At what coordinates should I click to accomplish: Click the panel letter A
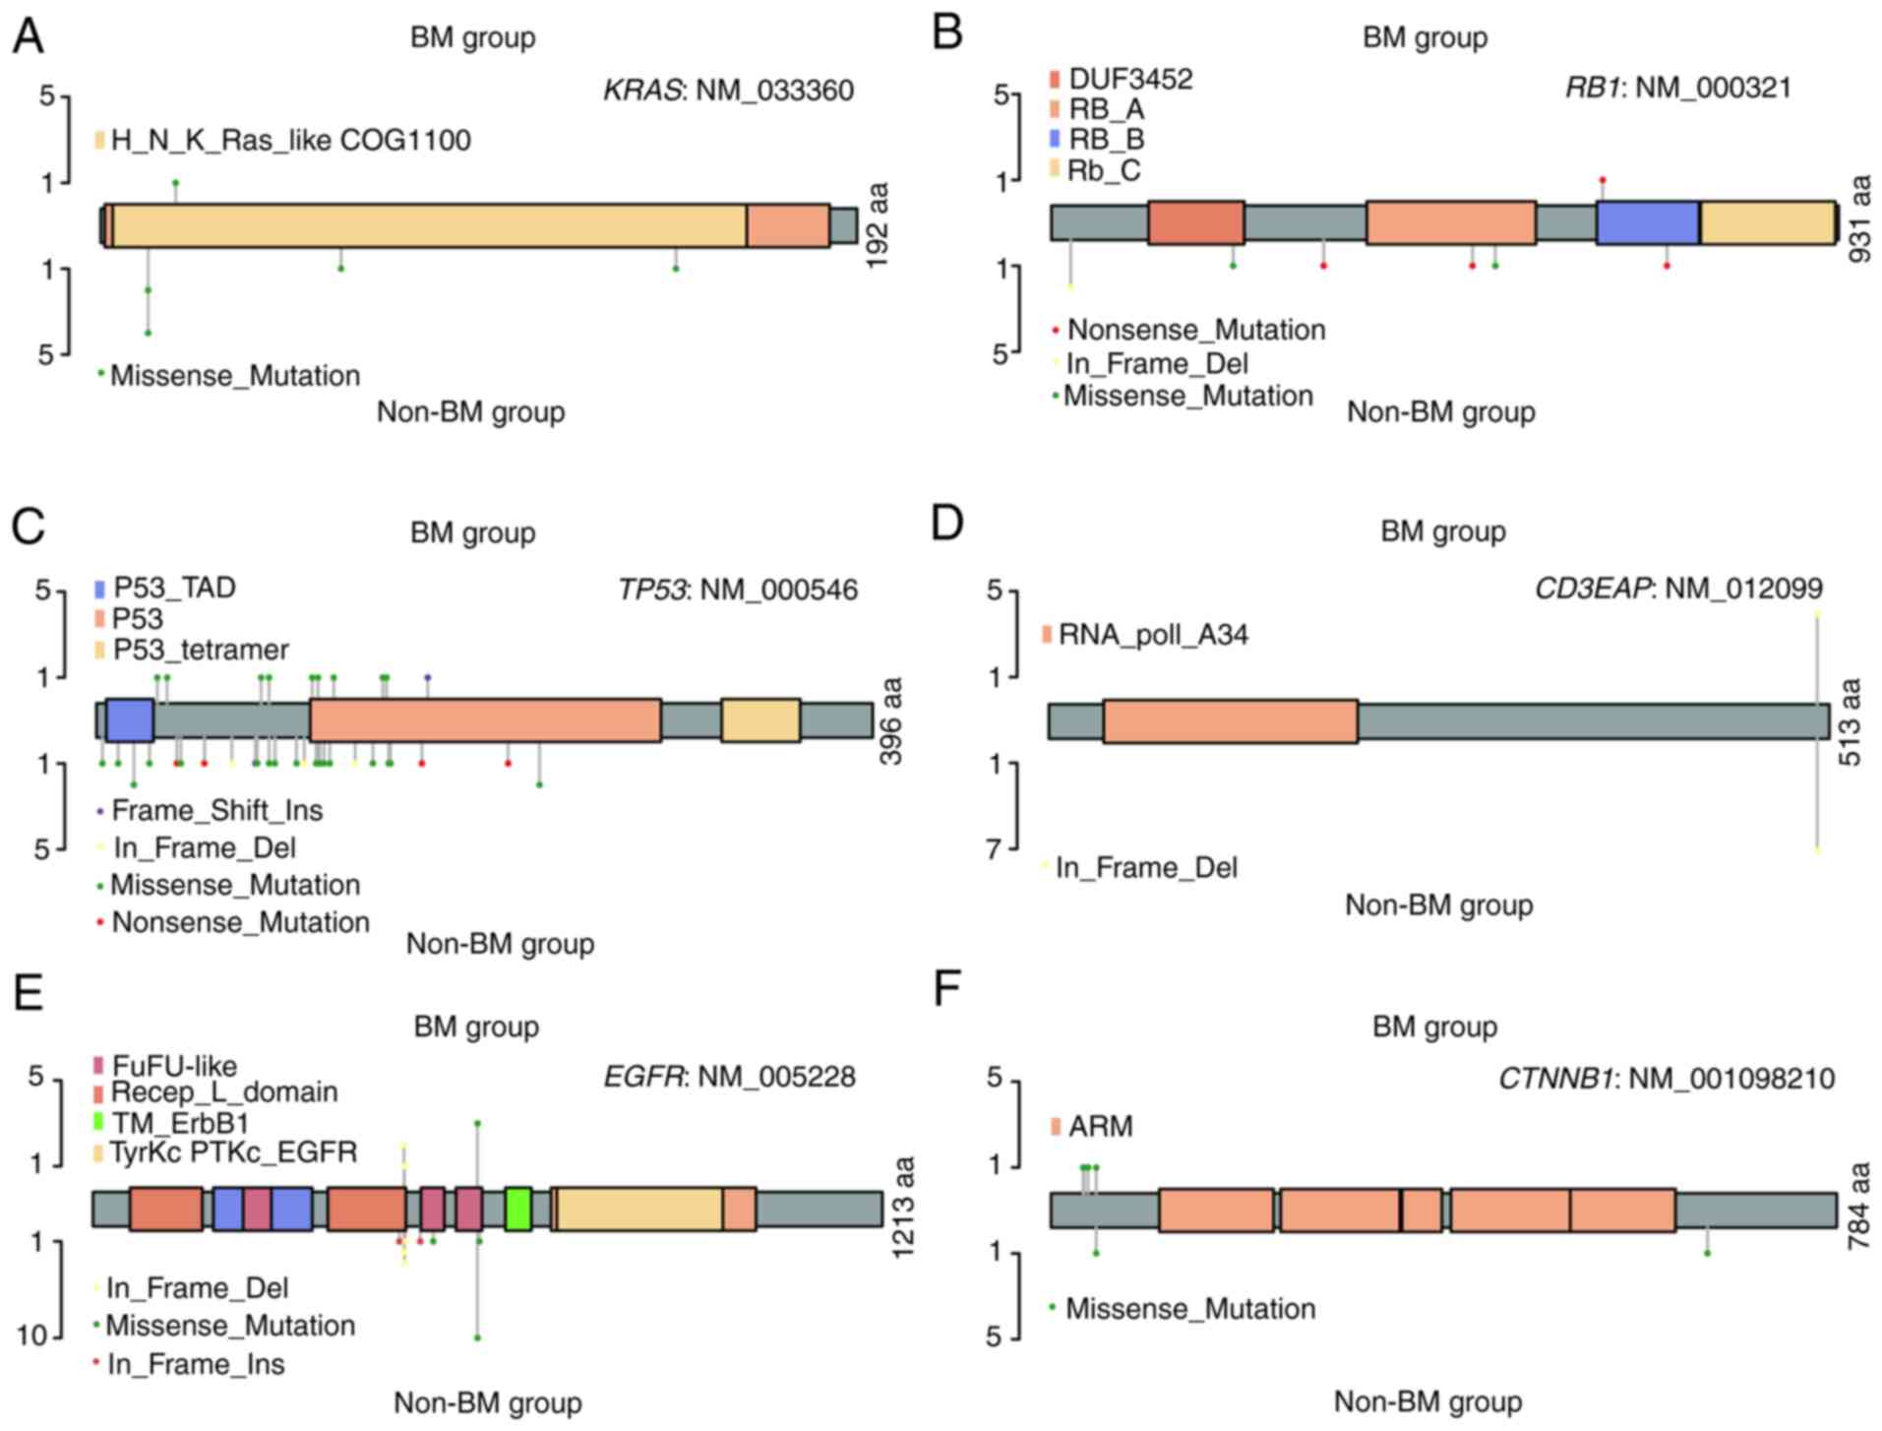(x=28, y=37)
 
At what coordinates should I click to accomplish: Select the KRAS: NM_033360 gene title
(x=728, y=91)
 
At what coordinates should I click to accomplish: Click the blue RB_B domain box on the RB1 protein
(x=1647, y=222)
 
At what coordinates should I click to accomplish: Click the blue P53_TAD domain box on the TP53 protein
(x=129, y=720)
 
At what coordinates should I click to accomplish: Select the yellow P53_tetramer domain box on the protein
(x=759, y=720)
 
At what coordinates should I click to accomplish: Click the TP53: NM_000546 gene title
(x=737, y=591)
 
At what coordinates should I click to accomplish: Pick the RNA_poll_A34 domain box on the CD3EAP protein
(x=1230, y=721)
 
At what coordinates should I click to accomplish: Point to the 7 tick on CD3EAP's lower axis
(x=995, y=848)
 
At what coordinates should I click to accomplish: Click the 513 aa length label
(x=1850, y=721)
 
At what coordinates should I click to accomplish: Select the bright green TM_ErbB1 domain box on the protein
(x=518, y=1209)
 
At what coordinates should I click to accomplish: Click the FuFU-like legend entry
(x=173, y=1066)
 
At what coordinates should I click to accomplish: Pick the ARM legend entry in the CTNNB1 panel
(x=1100, y=1126)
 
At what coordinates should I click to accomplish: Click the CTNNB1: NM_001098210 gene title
(x=1666, y=1079)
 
